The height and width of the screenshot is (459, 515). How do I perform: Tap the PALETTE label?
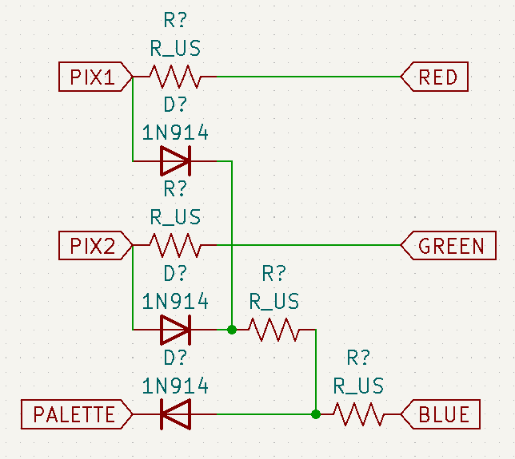(74, 414)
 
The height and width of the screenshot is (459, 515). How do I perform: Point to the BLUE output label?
(440, 414)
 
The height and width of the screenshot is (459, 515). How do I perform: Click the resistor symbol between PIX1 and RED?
(175, 77)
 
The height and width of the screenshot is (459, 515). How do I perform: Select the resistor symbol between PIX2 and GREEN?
(175, 245)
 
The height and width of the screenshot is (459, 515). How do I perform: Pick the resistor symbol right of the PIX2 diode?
(273, 329)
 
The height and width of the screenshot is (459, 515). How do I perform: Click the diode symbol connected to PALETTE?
(175, 414)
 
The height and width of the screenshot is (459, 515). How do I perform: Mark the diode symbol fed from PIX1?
(175, 161)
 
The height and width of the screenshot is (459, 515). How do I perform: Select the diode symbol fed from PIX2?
(175, 329)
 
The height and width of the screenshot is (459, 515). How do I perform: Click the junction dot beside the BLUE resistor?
(316, 414)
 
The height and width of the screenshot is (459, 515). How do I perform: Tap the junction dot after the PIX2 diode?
(232, 329)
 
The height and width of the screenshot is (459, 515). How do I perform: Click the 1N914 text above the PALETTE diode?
(175, 386)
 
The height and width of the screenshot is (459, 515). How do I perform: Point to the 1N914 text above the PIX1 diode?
(175, 133)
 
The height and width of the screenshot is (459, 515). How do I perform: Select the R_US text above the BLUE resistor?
(358, 386)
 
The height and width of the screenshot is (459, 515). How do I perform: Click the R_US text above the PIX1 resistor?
(175, 49)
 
